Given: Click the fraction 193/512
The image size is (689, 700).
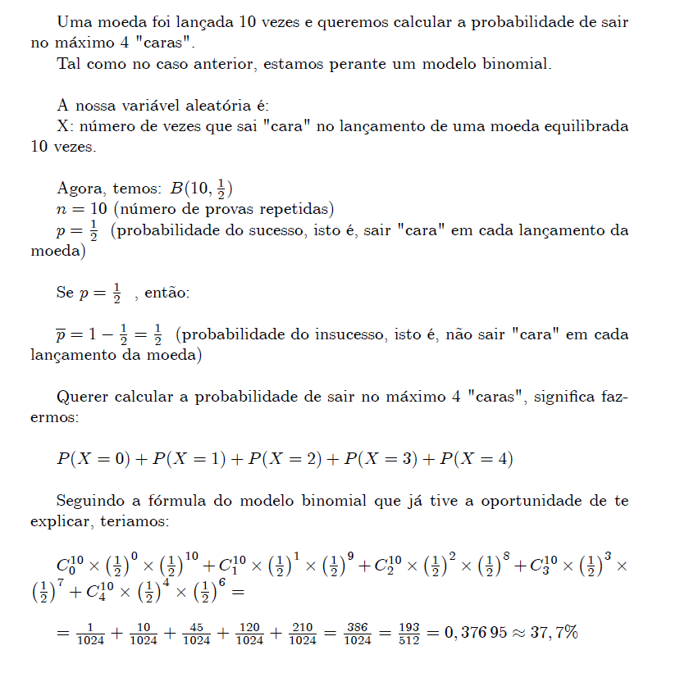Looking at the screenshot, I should [x=408, y=634].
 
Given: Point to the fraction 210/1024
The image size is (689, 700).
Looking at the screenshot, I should [x=303, y=634].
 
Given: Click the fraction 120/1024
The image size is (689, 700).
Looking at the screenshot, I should [x=249, y=634].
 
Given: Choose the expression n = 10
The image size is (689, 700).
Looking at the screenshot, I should [x=82, y=208].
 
